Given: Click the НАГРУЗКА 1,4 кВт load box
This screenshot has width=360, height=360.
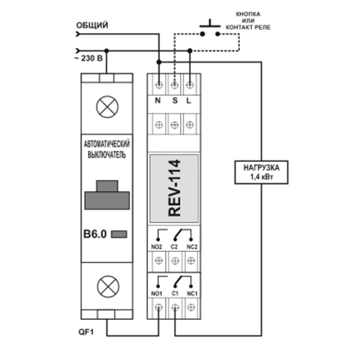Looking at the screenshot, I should (260, 173).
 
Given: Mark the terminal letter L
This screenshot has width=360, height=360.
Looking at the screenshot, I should (189, 101).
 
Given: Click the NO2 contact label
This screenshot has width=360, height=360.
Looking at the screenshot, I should (157, 247).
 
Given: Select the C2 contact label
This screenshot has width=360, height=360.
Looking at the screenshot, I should (175, 247).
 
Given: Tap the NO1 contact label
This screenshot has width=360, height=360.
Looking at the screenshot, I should (157, 293).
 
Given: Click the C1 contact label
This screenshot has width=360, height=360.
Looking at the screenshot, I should (175, 293).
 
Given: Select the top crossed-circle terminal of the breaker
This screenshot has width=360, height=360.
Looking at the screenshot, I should (107, 107).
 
